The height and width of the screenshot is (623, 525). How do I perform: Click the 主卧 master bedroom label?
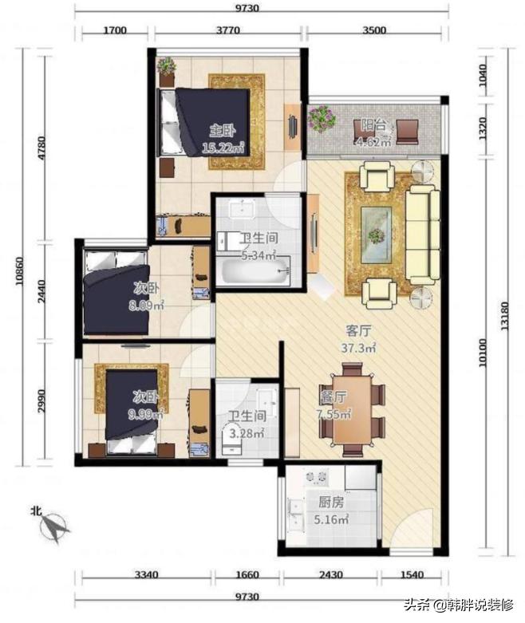click(223, 130)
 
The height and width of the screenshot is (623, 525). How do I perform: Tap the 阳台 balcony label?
click(373, 124)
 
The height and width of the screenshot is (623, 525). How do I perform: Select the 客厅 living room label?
click(358, 330)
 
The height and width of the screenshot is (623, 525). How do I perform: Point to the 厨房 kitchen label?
click(331, 503)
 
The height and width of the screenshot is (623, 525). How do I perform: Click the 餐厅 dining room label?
click(333, 397)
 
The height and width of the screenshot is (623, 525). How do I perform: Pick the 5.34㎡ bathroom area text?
click(259, 255)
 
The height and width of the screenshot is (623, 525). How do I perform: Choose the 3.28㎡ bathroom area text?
click(247, 433)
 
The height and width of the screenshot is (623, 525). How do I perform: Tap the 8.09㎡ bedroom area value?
click(146, 306)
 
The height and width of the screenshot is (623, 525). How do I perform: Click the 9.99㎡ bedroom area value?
click(145, 415)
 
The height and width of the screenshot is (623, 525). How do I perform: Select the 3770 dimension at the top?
click(228, 30)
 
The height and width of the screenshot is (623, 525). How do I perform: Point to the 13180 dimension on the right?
click(505, 316)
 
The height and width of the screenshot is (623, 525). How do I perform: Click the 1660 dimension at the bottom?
click(247, 574)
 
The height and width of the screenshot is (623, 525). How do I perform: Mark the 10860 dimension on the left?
click(19, 271)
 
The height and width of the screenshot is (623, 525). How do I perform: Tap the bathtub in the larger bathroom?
click(255, 272)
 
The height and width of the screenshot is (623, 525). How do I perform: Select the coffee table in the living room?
click(376, 235)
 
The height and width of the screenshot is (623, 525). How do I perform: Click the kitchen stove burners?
click(316, 476)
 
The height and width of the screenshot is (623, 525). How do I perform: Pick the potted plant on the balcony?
click(322, 118)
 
